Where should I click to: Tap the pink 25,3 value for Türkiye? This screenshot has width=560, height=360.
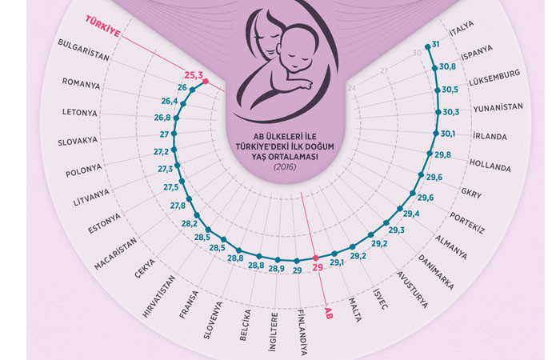194,74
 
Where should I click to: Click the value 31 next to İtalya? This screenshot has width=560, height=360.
437,45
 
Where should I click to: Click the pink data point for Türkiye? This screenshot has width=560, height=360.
206,82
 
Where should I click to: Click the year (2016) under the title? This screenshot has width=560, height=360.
285,166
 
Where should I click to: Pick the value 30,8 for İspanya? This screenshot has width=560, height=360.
449,66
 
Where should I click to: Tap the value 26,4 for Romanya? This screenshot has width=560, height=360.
170,102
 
